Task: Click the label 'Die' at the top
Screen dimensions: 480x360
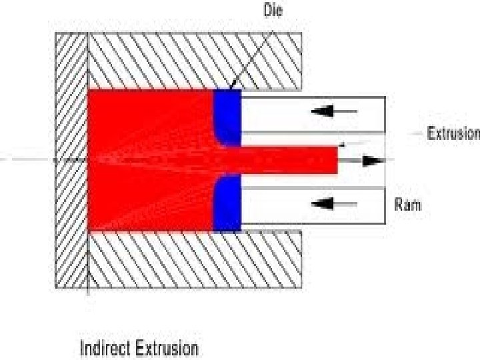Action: pyautogui.click(x=274, y=11)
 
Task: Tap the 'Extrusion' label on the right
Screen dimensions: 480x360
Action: pyautogui.click(x=453, y=133)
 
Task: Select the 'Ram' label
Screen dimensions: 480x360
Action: pyautogui.click(x=407, y=205)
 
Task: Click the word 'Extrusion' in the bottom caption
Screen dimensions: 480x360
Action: pyautogui.click(x=167, y=348)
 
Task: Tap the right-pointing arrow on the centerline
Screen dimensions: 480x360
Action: pyautogui.click(x=373, y=161)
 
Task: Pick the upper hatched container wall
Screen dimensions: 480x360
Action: pyautogui.click(x=193, y=60)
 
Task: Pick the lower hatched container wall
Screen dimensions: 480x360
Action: pyautogui.click(x=193, y=260)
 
